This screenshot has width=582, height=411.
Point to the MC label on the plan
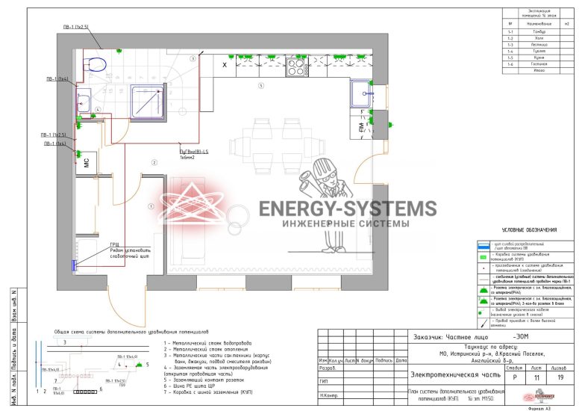point(86,163)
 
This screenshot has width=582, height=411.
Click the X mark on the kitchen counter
point(225,66)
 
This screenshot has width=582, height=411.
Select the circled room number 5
point(260,87)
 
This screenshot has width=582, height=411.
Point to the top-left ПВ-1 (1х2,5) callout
point(76,27)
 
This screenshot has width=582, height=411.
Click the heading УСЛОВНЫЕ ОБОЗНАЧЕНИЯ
point(529,229)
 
